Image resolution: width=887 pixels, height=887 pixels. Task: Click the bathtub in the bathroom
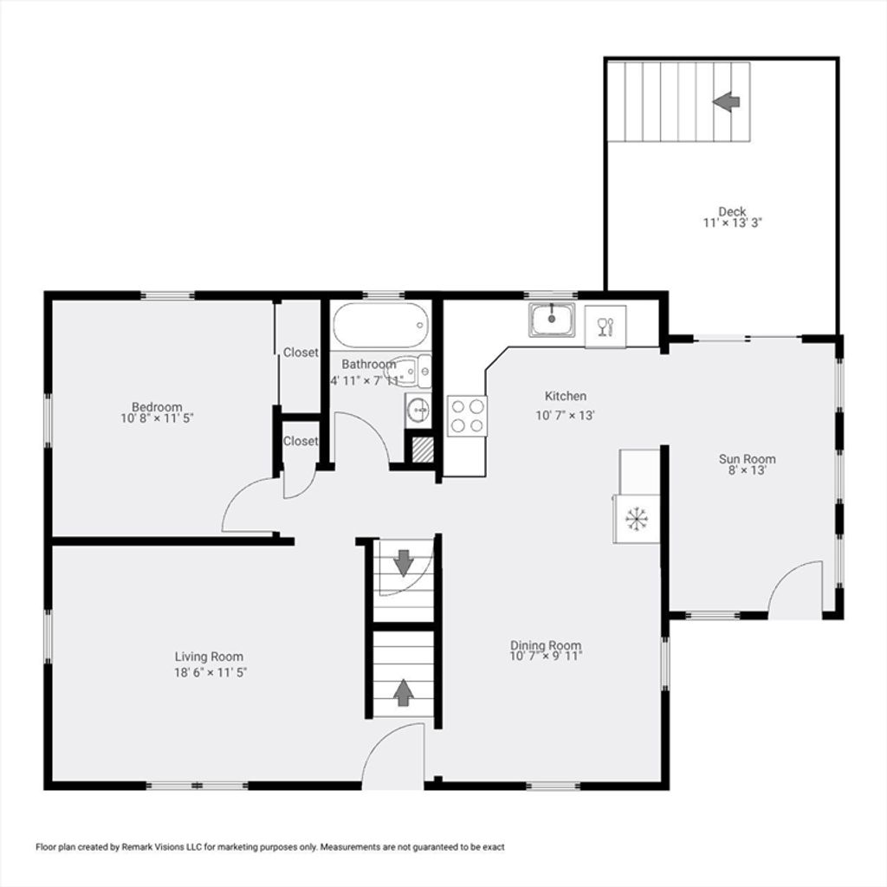[x=380, y=326]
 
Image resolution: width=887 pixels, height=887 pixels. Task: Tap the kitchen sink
[x=552, y=320]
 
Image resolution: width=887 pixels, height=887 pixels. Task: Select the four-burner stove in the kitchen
[x=467, y=416]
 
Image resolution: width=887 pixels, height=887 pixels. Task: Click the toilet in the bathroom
[x=409, y=372]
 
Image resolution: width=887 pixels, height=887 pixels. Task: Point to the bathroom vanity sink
[x=418, y=410]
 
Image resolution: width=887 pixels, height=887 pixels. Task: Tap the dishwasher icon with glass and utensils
[x=605, y=327]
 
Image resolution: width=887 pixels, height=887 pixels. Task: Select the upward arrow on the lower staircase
[x=403, y=692]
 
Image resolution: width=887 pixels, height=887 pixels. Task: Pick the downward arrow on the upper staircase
[x=404, y=563]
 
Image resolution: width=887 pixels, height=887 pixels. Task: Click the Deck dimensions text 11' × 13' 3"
[x=733, y=223]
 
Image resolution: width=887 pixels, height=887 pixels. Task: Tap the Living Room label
[x=209, y=657]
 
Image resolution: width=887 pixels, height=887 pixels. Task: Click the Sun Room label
[x=748, y=459]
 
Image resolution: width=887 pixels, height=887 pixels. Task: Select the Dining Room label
[x=546, y=644]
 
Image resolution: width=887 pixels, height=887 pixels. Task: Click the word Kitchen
[x=565, y=396]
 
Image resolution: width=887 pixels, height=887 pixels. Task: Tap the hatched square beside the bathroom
[x=423, y=450]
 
